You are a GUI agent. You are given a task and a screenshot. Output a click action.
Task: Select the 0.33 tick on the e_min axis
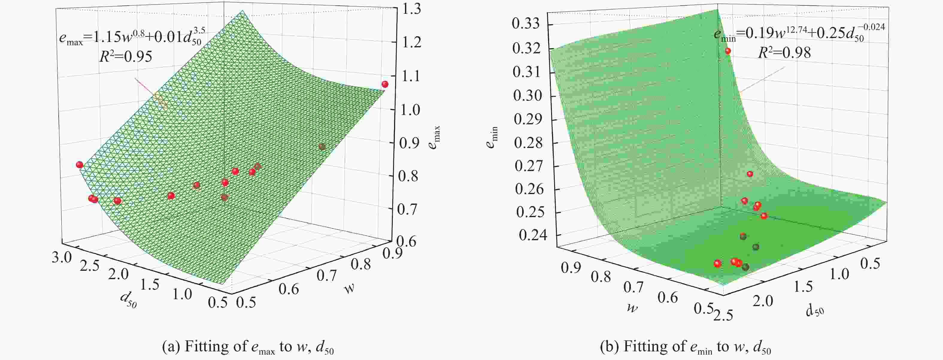tap(526, 24)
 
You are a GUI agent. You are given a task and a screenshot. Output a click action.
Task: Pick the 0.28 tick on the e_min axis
tap(527, 143)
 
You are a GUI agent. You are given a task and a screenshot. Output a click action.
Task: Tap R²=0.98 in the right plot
tap(784, 53)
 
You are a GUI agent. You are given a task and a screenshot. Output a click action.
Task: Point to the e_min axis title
tap(492, 137)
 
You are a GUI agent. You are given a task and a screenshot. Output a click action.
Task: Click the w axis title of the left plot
tap(349, 289)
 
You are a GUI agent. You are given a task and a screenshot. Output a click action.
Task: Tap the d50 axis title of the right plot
tap(815, 311)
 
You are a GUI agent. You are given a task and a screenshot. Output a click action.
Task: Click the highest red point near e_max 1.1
tap(385, 84)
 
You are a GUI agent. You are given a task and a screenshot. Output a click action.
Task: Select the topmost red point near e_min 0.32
tap(728, 51)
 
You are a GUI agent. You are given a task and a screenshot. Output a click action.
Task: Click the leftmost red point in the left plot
tap(79, 165)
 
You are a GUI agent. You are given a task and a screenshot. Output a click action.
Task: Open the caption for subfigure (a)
tap(248, 347)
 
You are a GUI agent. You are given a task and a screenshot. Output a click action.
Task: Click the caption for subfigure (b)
tap(685, 347)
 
